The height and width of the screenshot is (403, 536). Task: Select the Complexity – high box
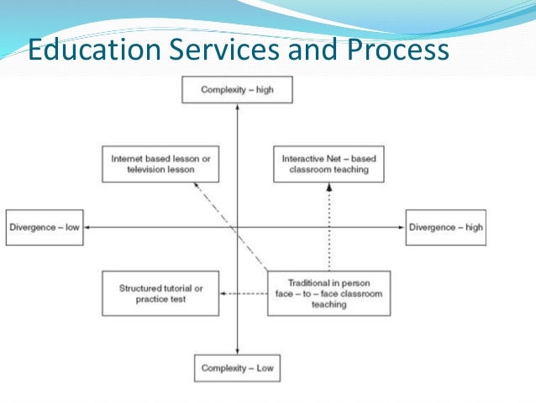pyautogui.click(x=238, y=88)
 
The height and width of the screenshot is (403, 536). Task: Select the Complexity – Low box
pyautogui.click(x=238, y=368)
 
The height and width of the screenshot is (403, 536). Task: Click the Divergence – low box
pyautogui.click(x=45, y=227)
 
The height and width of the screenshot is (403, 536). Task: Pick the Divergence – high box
pyautogui.click(x=445, y=227)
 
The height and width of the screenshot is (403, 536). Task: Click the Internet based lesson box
pyautogui.click(x=160, y=163)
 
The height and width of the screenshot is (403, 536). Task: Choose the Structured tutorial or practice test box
pyautogui.click(x=160, y=293)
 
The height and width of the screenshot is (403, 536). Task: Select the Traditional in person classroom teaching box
pyautogui.click(x=328, y=293)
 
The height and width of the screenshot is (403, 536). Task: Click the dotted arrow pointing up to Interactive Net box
pyautogui.click(x=328, y=227)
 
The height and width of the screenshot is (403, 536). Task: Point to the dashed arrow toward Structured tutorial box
pyautogui.click(x=244, y=294)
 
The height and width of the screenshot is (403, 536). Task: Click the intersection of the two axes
pyautogui.click(x=238, y=227)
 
